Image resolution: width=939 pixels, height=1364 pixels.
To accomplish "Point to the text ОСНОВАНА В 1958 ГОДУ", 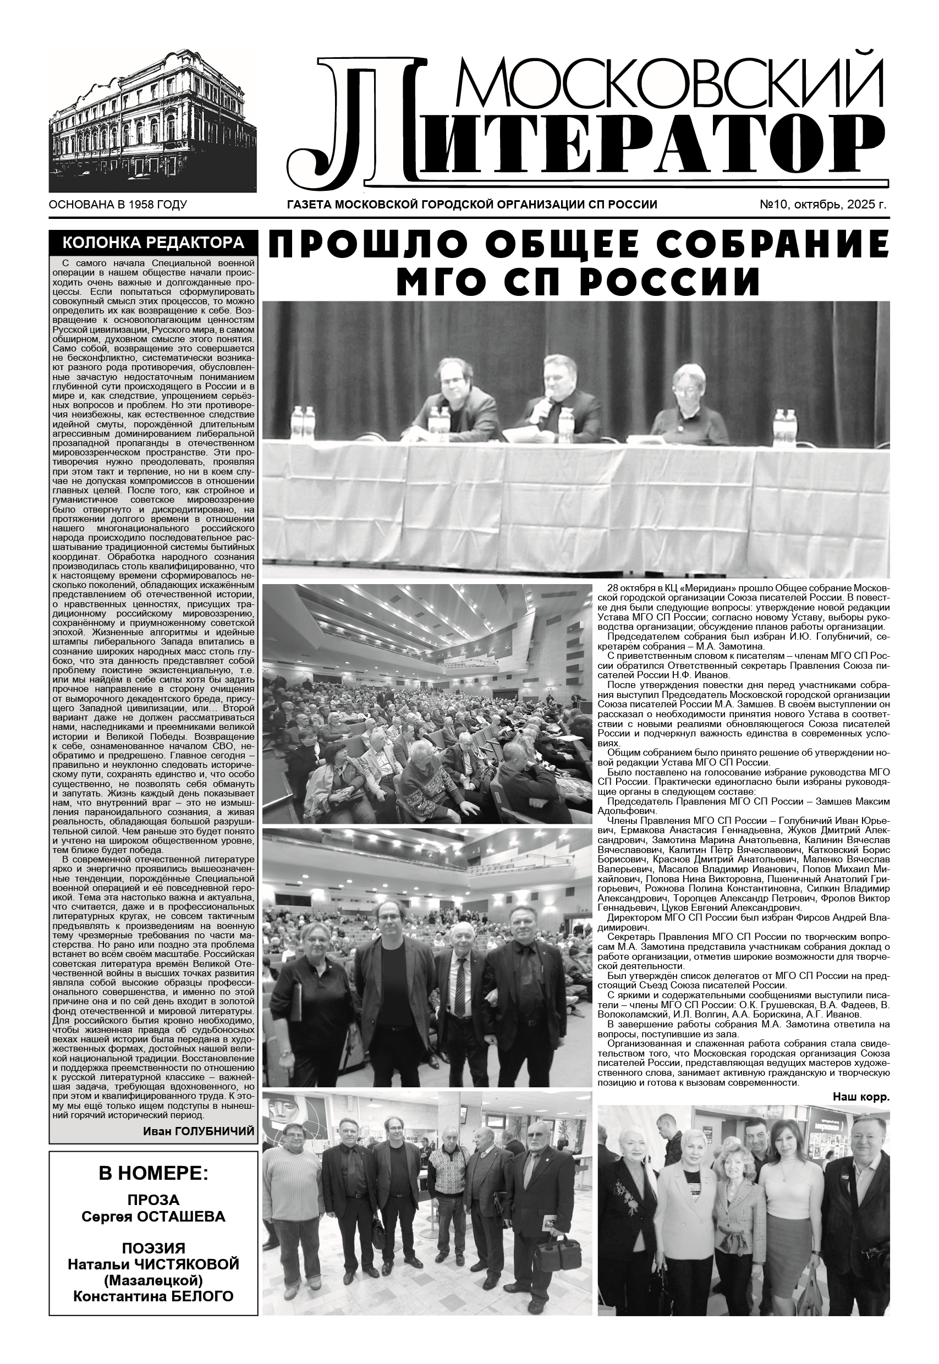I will click(118, 205).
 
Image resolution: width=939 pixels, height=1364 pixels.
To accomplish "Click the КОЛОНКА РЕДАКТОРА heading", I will click(153, 243).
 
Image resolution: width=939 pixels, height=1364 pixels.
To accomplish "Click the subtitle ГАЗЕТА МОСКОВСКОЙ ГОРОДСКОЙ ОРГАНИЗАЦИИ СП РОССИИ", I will click(471, 205).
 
